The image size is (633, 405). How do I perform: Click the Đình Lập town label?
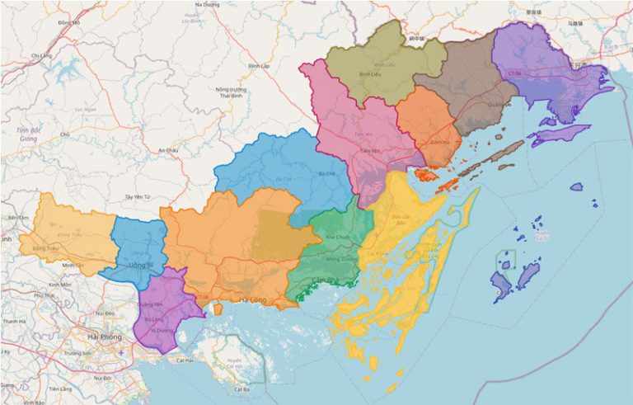(260, 65)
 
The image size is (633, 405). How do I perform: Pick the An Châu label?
(168, 150)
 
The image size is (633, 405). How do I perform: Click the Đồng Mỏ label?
(69, 23)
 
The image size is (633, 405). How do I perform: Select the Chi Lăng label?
(41, 55)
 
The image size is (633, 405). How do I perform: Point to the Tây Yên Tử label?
(138, 197)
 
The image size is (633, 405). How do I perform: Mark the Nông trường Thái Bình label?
(232, 92)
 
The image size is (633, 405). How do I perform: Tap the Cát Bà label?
(241, 389)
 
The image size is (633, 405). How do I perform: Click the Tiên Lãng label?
(60, 388)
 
